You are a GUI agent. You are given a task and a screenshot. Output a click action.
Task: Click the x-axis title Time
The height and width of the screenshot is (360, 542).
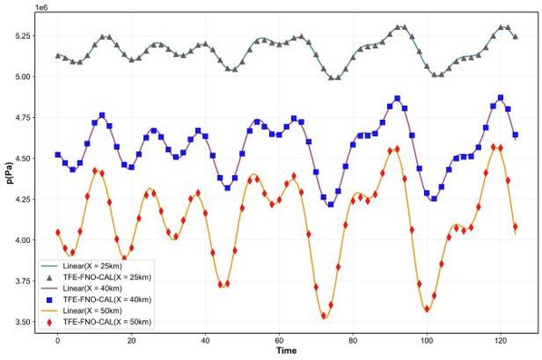[x=286, y=350]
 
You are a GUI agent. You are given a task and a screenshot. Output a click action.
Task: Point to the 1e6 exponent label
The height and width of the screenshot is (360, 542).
[x=42, y=7]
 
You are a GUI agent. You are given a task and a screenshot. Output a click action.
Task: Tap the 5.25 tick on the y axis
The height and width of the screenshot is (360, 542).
[x=24, y=36]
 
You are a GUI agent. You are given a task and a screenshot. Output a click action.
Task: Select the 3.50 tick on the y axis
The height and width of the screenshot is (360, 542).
[x=24, y=322]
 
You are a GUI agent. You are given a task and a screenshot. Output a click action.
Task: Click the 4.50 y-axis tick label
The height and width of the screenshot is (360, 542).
[x=24, y=159]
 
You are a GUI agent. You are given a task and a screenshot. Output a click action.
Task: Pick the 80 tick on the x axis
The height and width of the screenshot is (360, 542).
[x=353, y=341]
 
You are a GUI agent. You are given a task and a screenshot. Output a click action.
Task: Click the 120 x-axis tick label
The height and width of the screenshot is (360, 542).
[x=501, y=341]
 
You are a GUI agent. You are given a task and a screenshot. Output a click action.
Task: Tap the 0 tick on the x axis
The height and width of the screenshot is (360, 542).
[x=58, y=341]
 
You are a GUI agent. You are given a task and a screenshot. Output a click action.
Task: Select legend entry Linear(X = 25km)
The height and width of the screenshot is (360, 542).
[x=92, y=267]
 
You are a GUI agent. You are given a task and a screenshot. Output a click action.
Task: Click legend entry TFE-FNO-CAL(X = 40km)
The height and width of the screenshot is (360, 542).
[x=107, y=299]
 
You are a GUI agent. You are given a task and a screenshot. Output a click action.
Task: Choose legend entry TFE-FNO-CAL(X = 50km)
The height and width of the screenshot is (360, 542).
[x=107, y=322]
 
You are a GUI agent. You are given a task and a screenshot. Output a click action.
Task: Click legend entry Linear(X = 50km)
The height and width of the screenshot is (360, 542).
[x=92, y=310]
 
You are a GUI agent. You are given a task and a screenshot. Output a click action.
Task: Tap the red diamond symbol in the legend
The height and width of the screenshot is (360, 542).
[x=49, y=322]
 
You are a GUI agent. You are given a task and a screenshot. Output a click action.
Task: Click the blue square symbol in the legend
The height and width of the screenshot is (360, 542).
[x=49, y=300]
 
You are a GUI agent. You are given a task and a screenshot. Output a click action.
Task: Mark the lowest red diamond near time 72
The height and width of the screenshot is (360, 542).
[x=324, y=316]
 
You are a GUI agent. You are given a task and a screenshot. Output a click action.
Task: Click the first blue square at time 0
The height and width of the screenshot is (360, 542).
[x=58, y=155]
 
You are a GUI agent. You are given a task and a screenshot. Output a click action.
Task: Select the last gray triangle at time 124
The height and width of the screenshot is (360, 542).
[x=516, y=36]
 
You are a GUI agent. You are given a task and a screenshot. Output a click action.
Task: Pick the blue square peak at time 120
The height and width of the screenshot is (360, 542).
[x=500, y=98]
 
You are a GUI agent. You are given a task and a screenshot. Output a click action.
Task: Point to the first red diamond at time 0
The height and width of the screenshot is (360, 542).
[x=58, y=232]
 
